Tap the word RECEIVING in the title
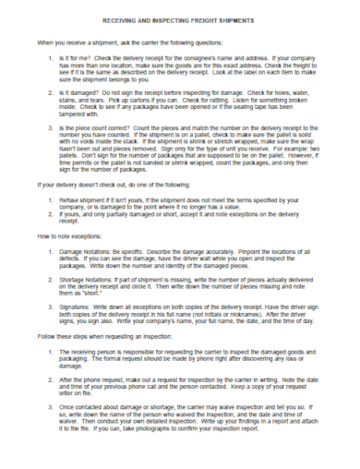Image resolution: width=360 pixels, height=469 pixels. coord(123,17)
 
